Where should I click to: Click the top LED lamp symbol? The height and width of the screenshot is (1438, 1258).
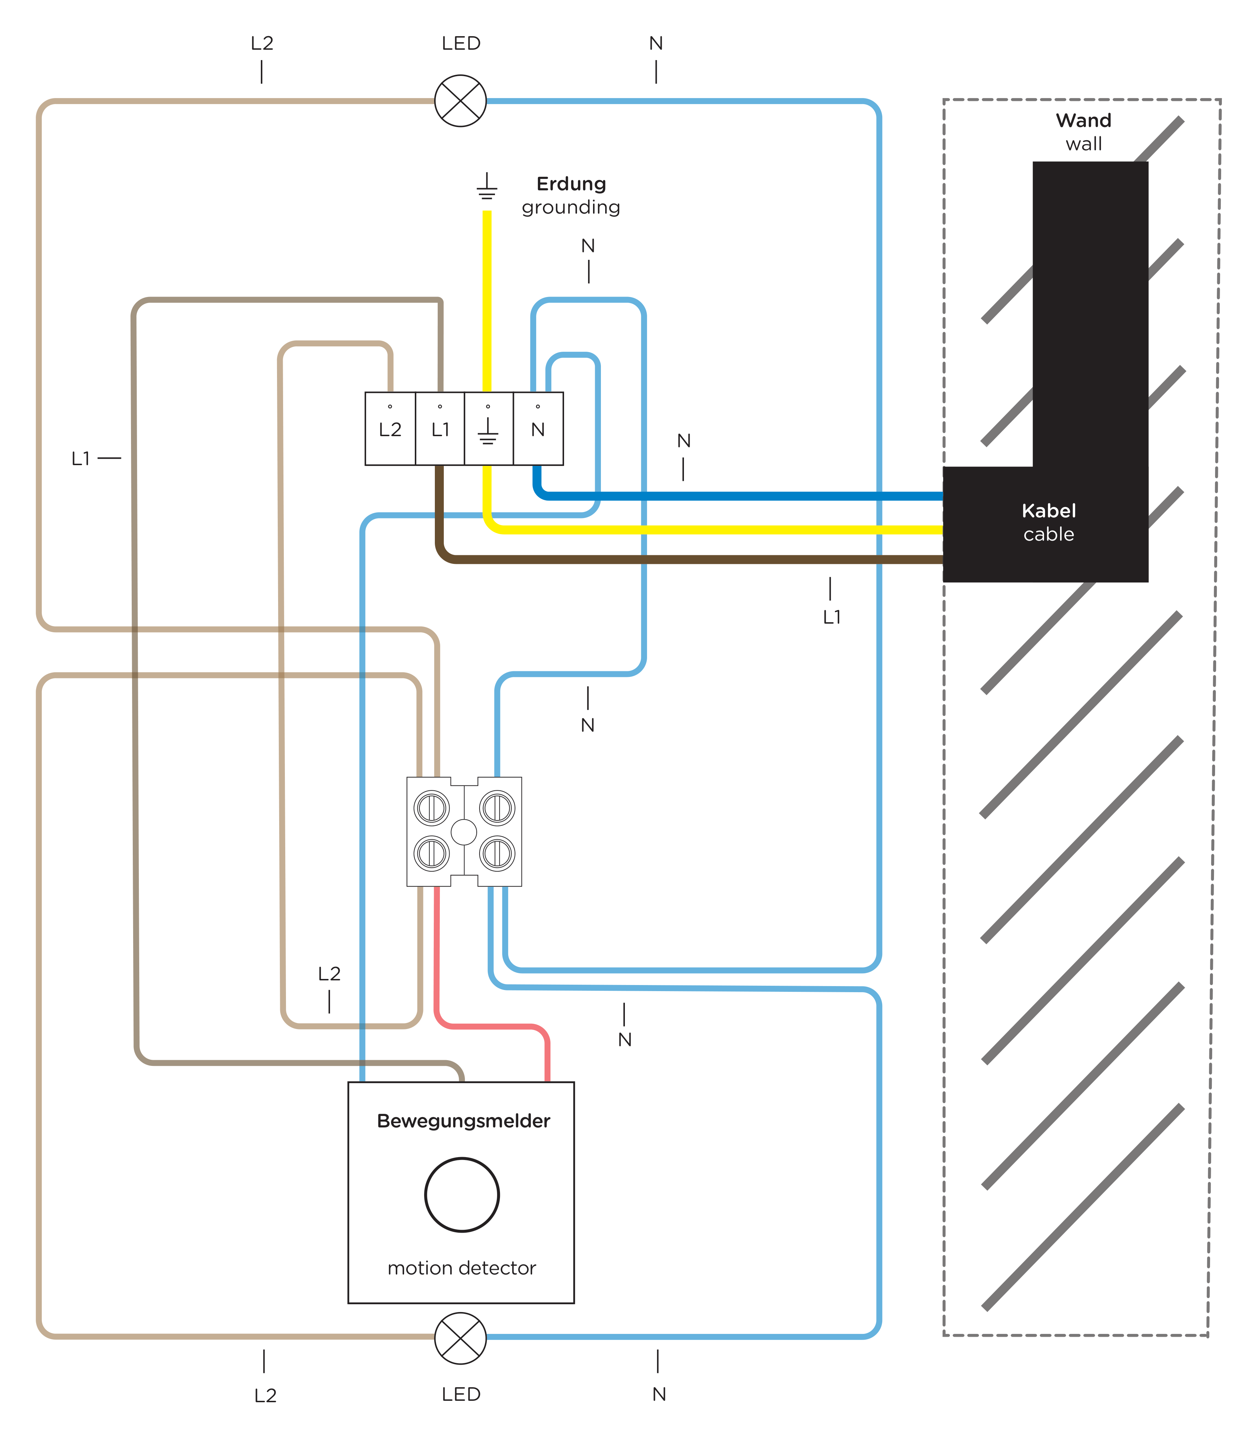click(x=461, y=101)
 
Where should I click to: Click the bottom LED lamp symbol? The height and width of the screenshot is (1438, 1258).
click(x=461, y=1338)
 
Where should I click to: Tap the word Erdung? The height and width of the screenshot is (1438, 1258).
click(x=571, y=184)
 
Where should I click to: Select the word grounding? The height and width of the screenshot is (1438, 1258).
click(x=571, y=208)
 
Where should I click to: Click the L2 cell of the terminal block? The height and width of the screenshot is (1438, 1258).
click(x=390, y=429)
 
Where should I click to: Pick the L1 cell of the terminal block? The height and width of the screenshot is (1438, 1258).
click(x=440, y=429)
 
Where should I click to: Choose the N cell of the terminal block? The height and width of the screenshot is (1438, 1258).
click(x=538, y=429)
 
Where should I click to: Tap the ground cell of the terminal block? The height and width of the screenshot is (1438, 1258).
click(x=489, y=429)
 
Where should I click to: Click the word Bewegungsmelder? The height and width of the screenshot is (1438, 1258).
click(x=463, y=1121)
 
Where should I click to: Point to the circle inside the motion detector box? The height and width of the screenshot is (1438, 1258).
click(x=462, y=1194)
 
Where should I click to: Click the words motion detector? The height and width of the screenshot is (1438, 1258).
click(x=462, y=1268)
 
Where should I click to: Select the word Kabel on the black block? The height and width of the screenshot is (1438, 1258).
click(x=1049, y=511)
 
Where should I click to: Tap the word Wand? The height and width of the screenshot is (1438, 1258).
click(x=1083, y=121)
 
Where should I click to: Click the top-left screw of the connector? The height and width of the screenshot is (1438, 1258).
click(x=432, y=808)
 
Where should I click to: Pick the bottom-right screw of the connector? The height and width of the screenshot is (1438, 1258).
click(x=497, y=853)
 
